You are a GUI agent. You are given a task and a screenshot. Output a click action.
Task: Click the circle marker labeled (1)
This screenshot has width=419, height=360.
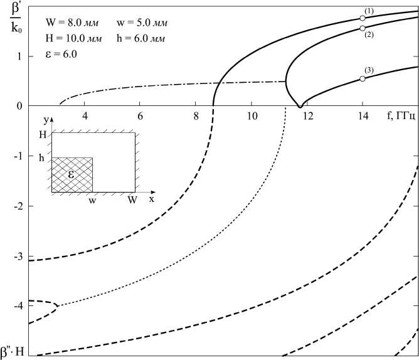[363, 18]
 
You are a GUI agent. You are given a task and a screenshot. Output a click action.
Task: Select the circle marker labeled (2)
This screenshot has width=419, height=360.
[363, 28]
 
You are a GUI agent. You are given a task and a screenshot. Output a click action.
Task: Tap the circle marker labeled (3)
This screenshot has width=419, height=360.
[363, 78]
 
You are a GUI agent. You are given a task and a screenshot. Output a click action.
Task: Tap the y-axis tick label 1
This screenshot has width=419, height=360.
[19, 56]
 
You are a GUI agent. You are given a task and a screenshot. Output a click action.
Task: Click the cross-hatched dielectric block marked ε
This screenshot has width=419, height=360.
[72, 174]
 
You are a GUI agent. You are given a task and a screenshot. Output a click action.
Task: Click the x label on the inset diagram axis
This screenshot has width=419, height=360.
[152, 198]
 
